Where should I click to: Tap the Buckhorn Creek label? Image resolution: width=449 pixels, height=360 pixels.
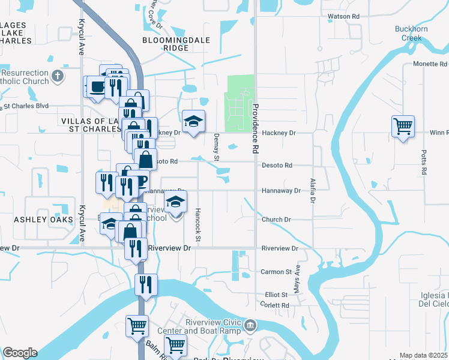pyautogui.click(x=412, y=33)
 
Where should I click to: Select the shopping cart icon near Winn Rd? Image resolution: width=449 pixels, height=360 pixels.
pyautogui.click(x=403, y=127)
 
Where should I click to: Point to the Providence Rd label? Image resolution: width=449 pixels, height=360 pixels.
pyautogui.click(x=255, y=117)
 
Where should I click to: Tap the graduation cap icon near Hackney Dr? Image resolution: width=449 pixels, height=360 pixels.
pyautogui.click(x=193, y=122)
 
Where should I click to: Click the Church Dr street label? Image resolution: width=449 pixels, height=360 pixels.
pyautogui.click(x=276, y=220)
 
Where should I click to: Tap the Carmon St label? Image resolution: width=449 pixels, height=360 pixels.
pyautogui.click(x=276, y=272)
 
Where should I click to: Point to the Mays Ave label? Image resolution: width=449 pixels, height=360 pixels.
pyautogui.click(x=297, y=275)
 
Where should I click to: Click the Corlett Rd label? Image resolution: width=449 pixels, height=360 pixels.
pyautogui.click(x=277, y=305)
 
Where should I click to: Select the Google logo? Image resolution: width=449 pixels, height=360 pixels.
pyautogui.click(x=20, y=353)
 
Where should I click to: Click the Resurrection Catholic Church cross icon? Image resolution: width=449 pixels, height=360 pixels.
pyautogui.click(x=57, y=76)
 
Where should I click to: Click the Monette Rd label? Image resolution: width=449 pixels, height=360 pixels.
pyautogui.click(x=430, y=64)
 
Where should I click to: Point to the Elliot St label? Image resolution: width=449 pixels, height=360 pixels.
pyautogui.click(x=277, y=295)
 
